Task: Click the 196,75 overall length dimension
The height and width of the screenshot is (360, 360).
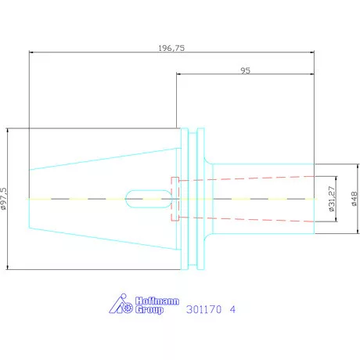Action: point(171,49)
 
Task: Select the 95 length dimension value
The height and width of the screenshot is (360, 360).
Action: point(245,70)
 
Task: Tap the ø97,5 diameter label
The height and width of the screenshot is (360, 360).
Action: point(3,199)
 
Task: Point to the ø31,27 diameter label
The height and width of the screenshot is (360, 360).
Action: point(331,199)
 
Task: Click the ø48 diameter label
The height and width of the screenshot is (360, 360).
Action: point(355,199)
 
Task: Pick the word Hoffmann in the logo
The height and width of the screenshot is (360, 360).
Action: point(157,301)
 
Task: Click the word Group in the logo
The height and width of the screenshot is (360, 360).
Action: point(149,310)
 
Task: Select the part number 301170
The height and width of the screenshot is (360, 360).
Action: point(203,309)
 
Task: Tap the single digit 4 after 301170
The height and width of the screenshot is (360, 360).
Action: point(232,309)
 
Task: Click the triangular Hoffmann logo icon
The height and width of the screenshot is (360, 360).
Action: point(121,304)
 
